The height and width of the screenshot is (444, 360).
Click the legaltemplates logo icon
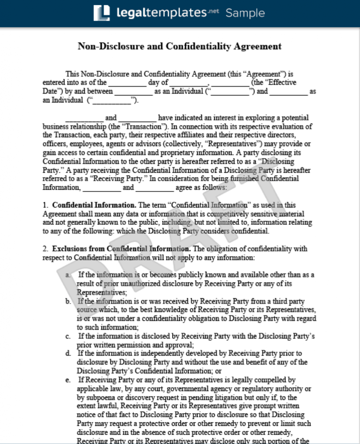102,13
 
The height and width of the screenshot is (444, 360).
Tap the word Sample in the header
245,13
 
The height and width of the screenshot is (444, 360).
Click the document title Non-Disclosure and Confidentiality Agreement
180,46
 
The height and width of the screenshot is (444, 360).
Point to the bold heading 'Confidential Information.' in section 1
94,205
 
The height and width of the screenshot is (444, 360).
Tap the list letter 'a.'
69,275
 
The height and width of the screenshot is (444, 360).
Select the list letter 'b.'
69,302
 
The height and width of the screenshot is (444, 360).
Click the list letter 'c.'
69,337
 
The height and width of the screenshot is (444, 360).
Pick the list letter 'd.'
69,354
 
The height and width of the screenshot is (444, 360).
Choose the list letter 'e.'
69,380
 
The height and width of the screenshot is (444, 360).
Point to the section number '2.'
45,249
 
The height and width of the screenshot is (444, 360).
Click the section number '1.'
45,205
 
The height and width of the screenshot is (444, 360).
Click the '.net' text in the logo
214,11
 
